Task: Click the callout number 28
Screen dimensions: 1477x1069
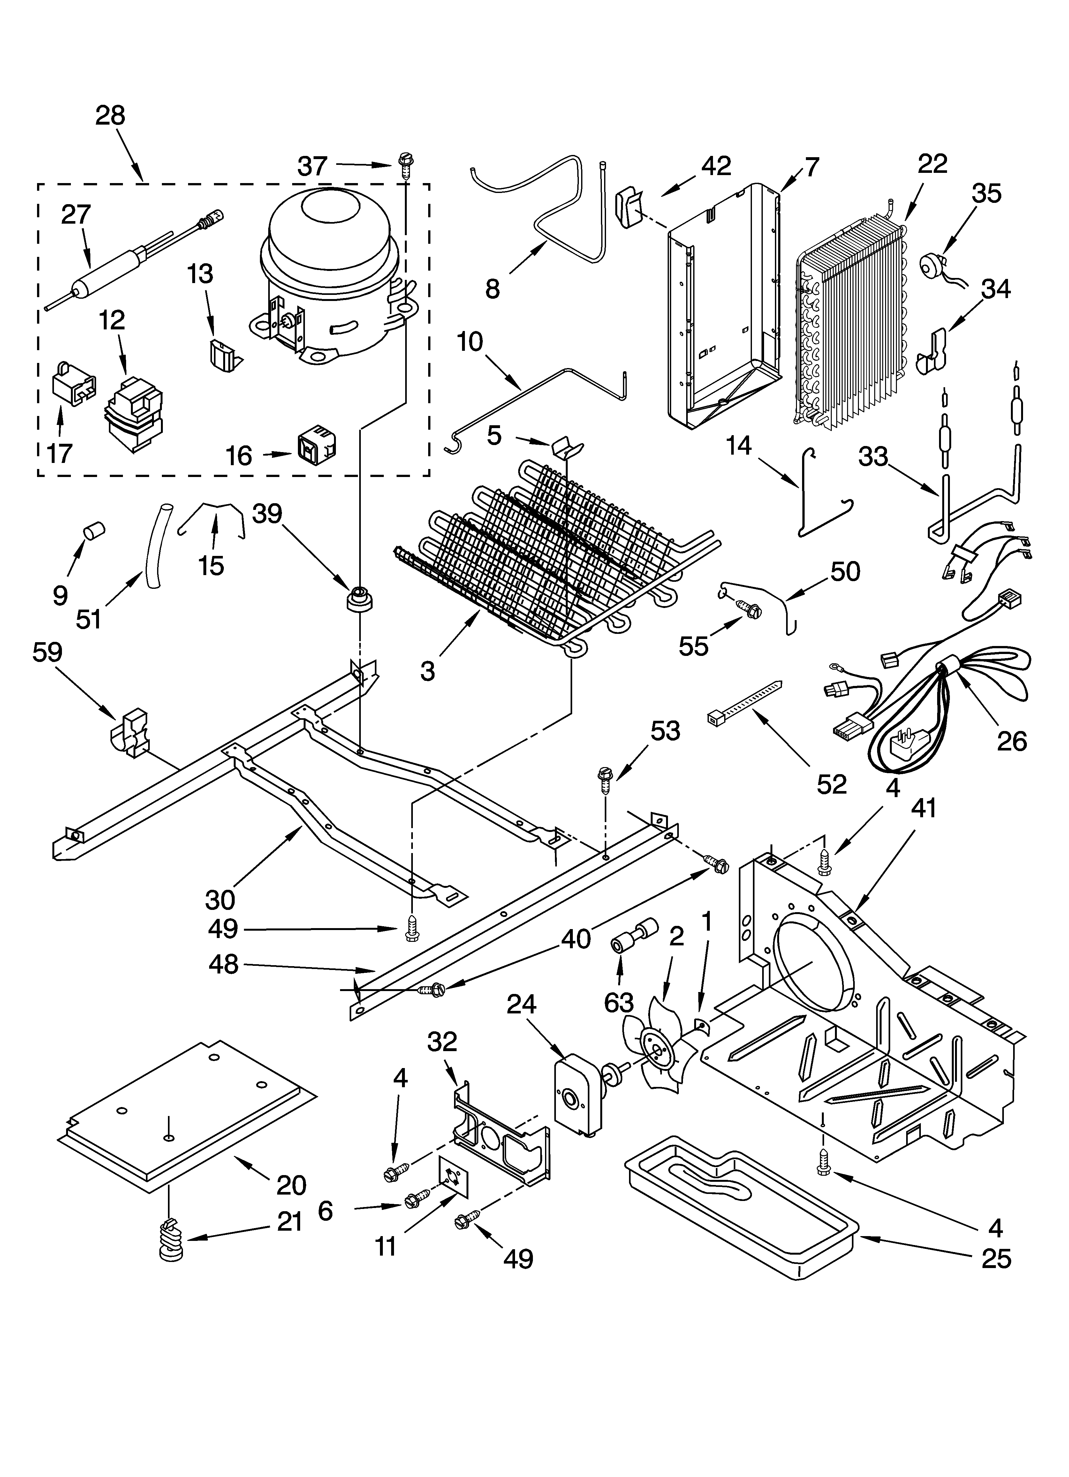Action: click(110, 116)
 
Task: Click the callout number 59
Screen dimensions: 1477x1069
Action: click(48, 652)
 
